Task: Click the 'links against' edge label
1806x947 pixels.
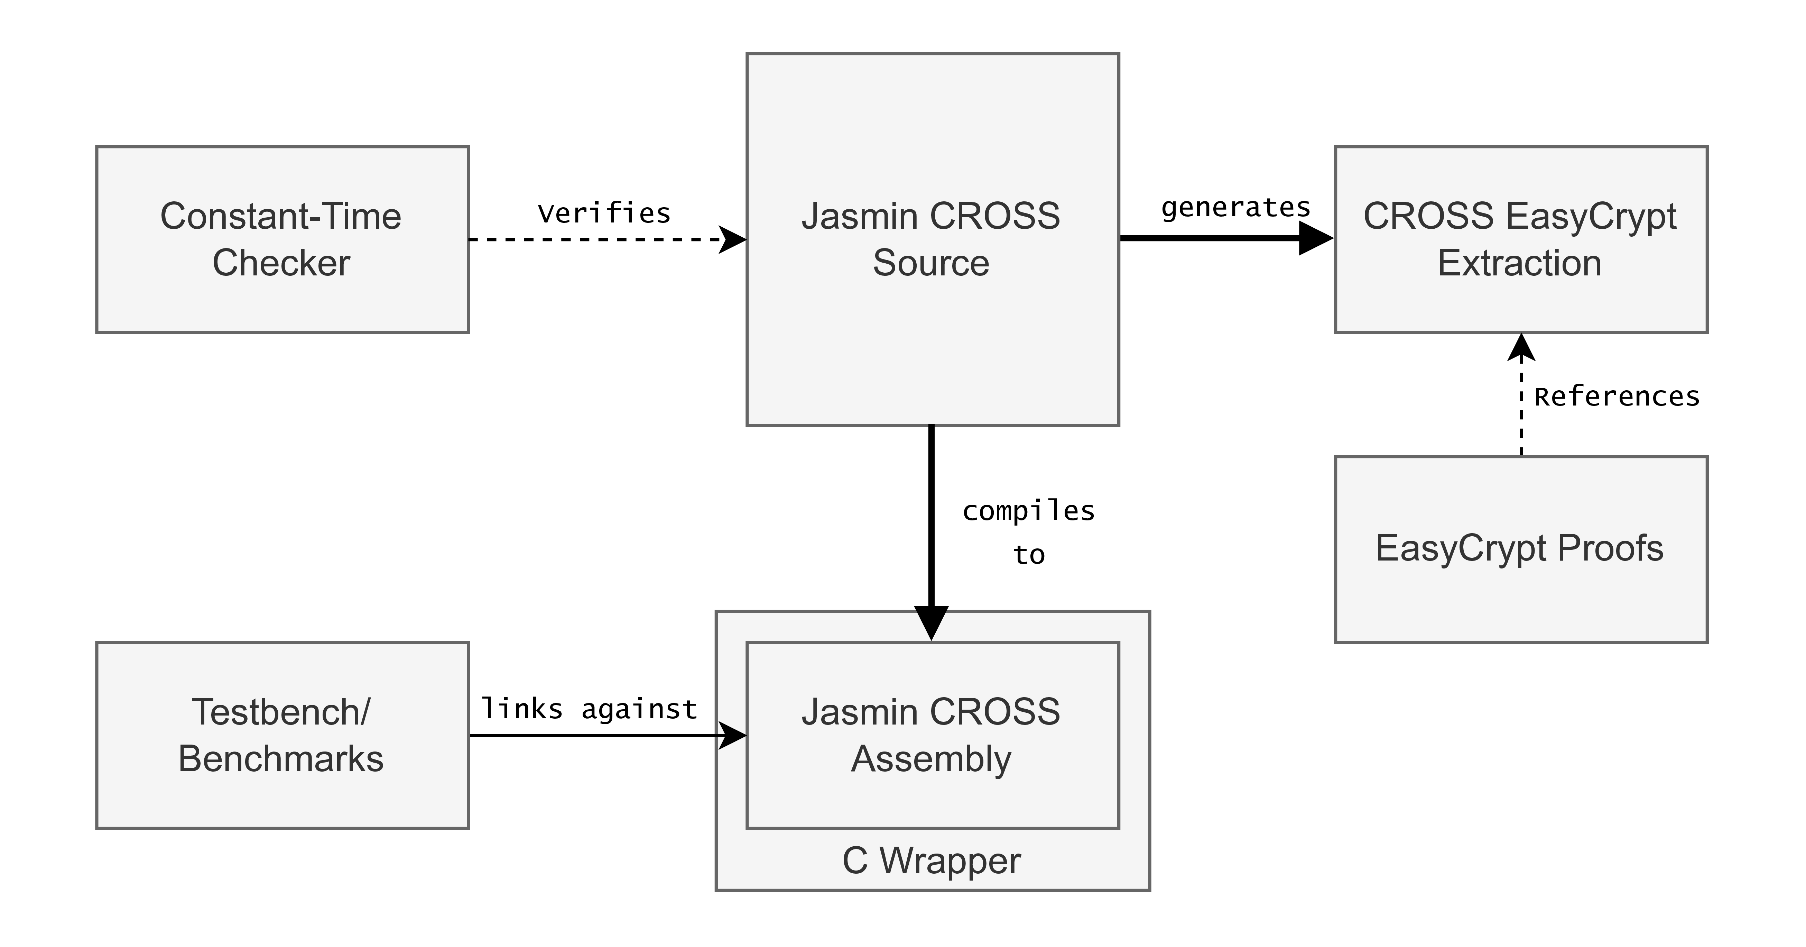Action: tap(589, 709)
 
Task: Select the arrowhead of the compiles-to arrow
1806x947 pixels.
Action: tap(931, 623)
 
